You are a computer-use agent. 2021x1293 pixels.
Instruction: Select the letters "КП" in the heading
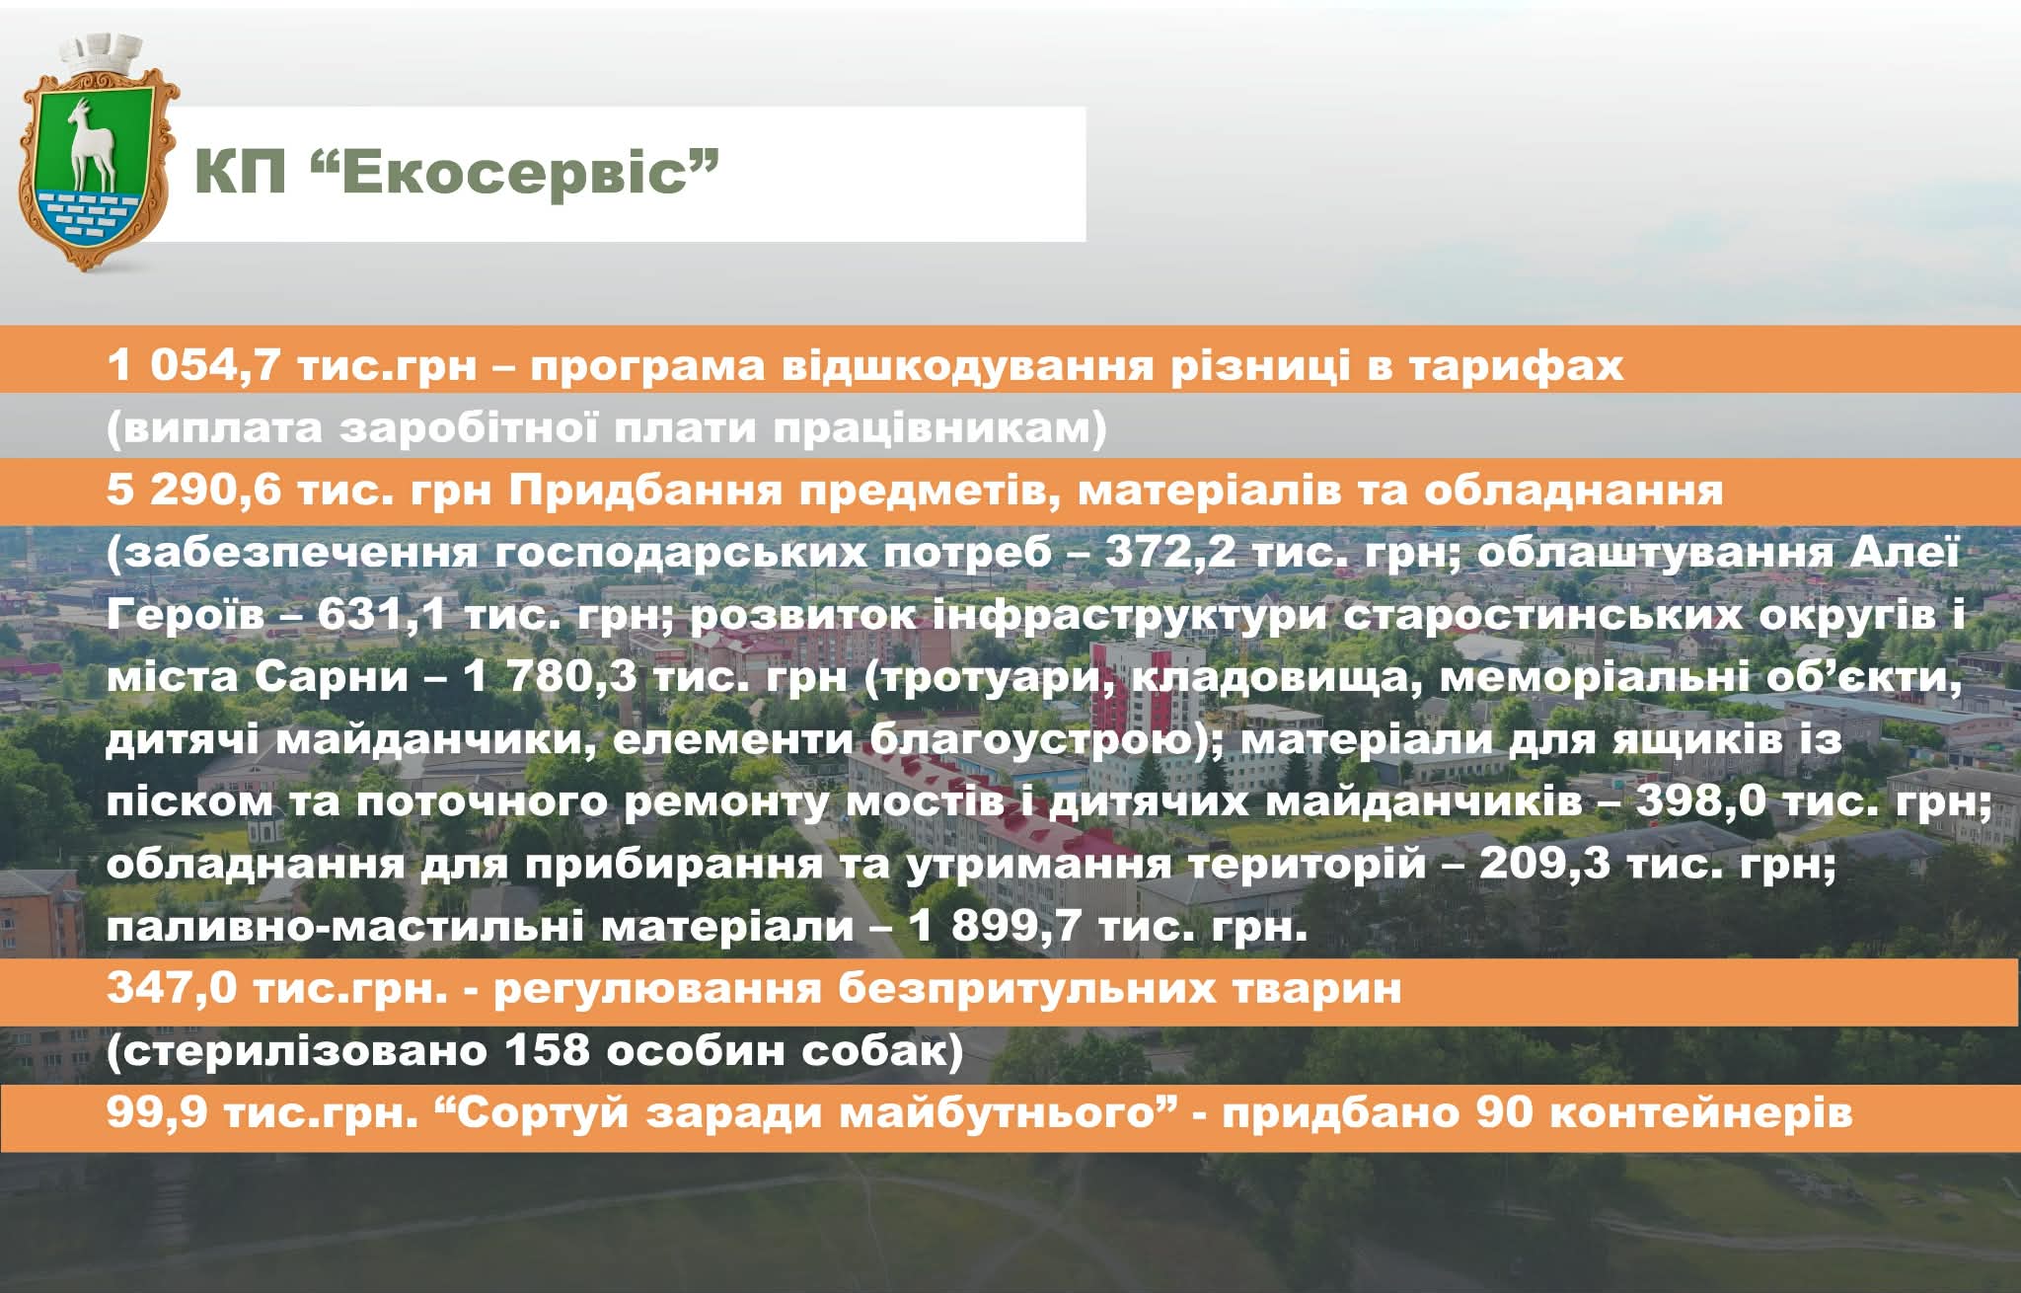(x=240, y=172)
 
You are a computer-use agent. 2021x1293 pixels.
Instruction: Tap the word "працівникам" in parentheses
(x=937, y=429)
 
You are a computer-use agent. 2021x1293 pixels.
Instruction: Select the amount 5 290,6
(x=194, y=491)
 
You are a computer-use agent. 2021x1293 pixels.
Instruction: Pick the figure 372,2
(x=1169, y=553)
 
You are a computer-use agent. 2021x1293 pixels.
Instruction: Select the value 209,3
(x=1544, y=865)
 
